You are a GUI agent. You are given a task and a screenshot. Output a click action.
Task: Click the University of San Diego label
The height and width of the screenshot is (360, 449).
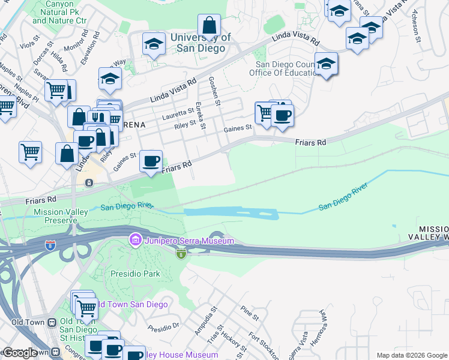pyautogui.click(x=200, y=43)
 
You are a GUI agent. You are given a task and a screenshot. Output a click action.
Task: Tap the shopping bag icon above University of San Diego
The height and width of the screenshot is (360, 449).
pyautogui.click(x=209, y=25)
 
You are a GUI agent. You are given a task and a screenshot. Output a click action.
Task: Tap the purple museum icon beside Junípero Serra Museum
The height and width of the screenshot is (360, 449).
pyautogui.click(x=136, y=241)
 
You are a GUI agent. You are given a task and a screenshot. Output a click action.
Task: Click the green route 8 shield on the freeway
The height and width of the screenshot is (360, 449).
pyautogui.click(x=181, y=254)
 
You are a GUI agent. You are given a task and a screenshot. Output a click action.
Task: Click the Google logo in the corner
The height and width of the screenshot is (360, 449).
pyautogui.click(x=20, y=353)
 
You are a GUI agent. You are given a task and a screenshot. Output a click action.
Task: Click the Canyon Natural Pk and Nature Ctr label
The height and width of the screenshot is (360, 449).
pyautogui.click(x=59, y=12)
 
